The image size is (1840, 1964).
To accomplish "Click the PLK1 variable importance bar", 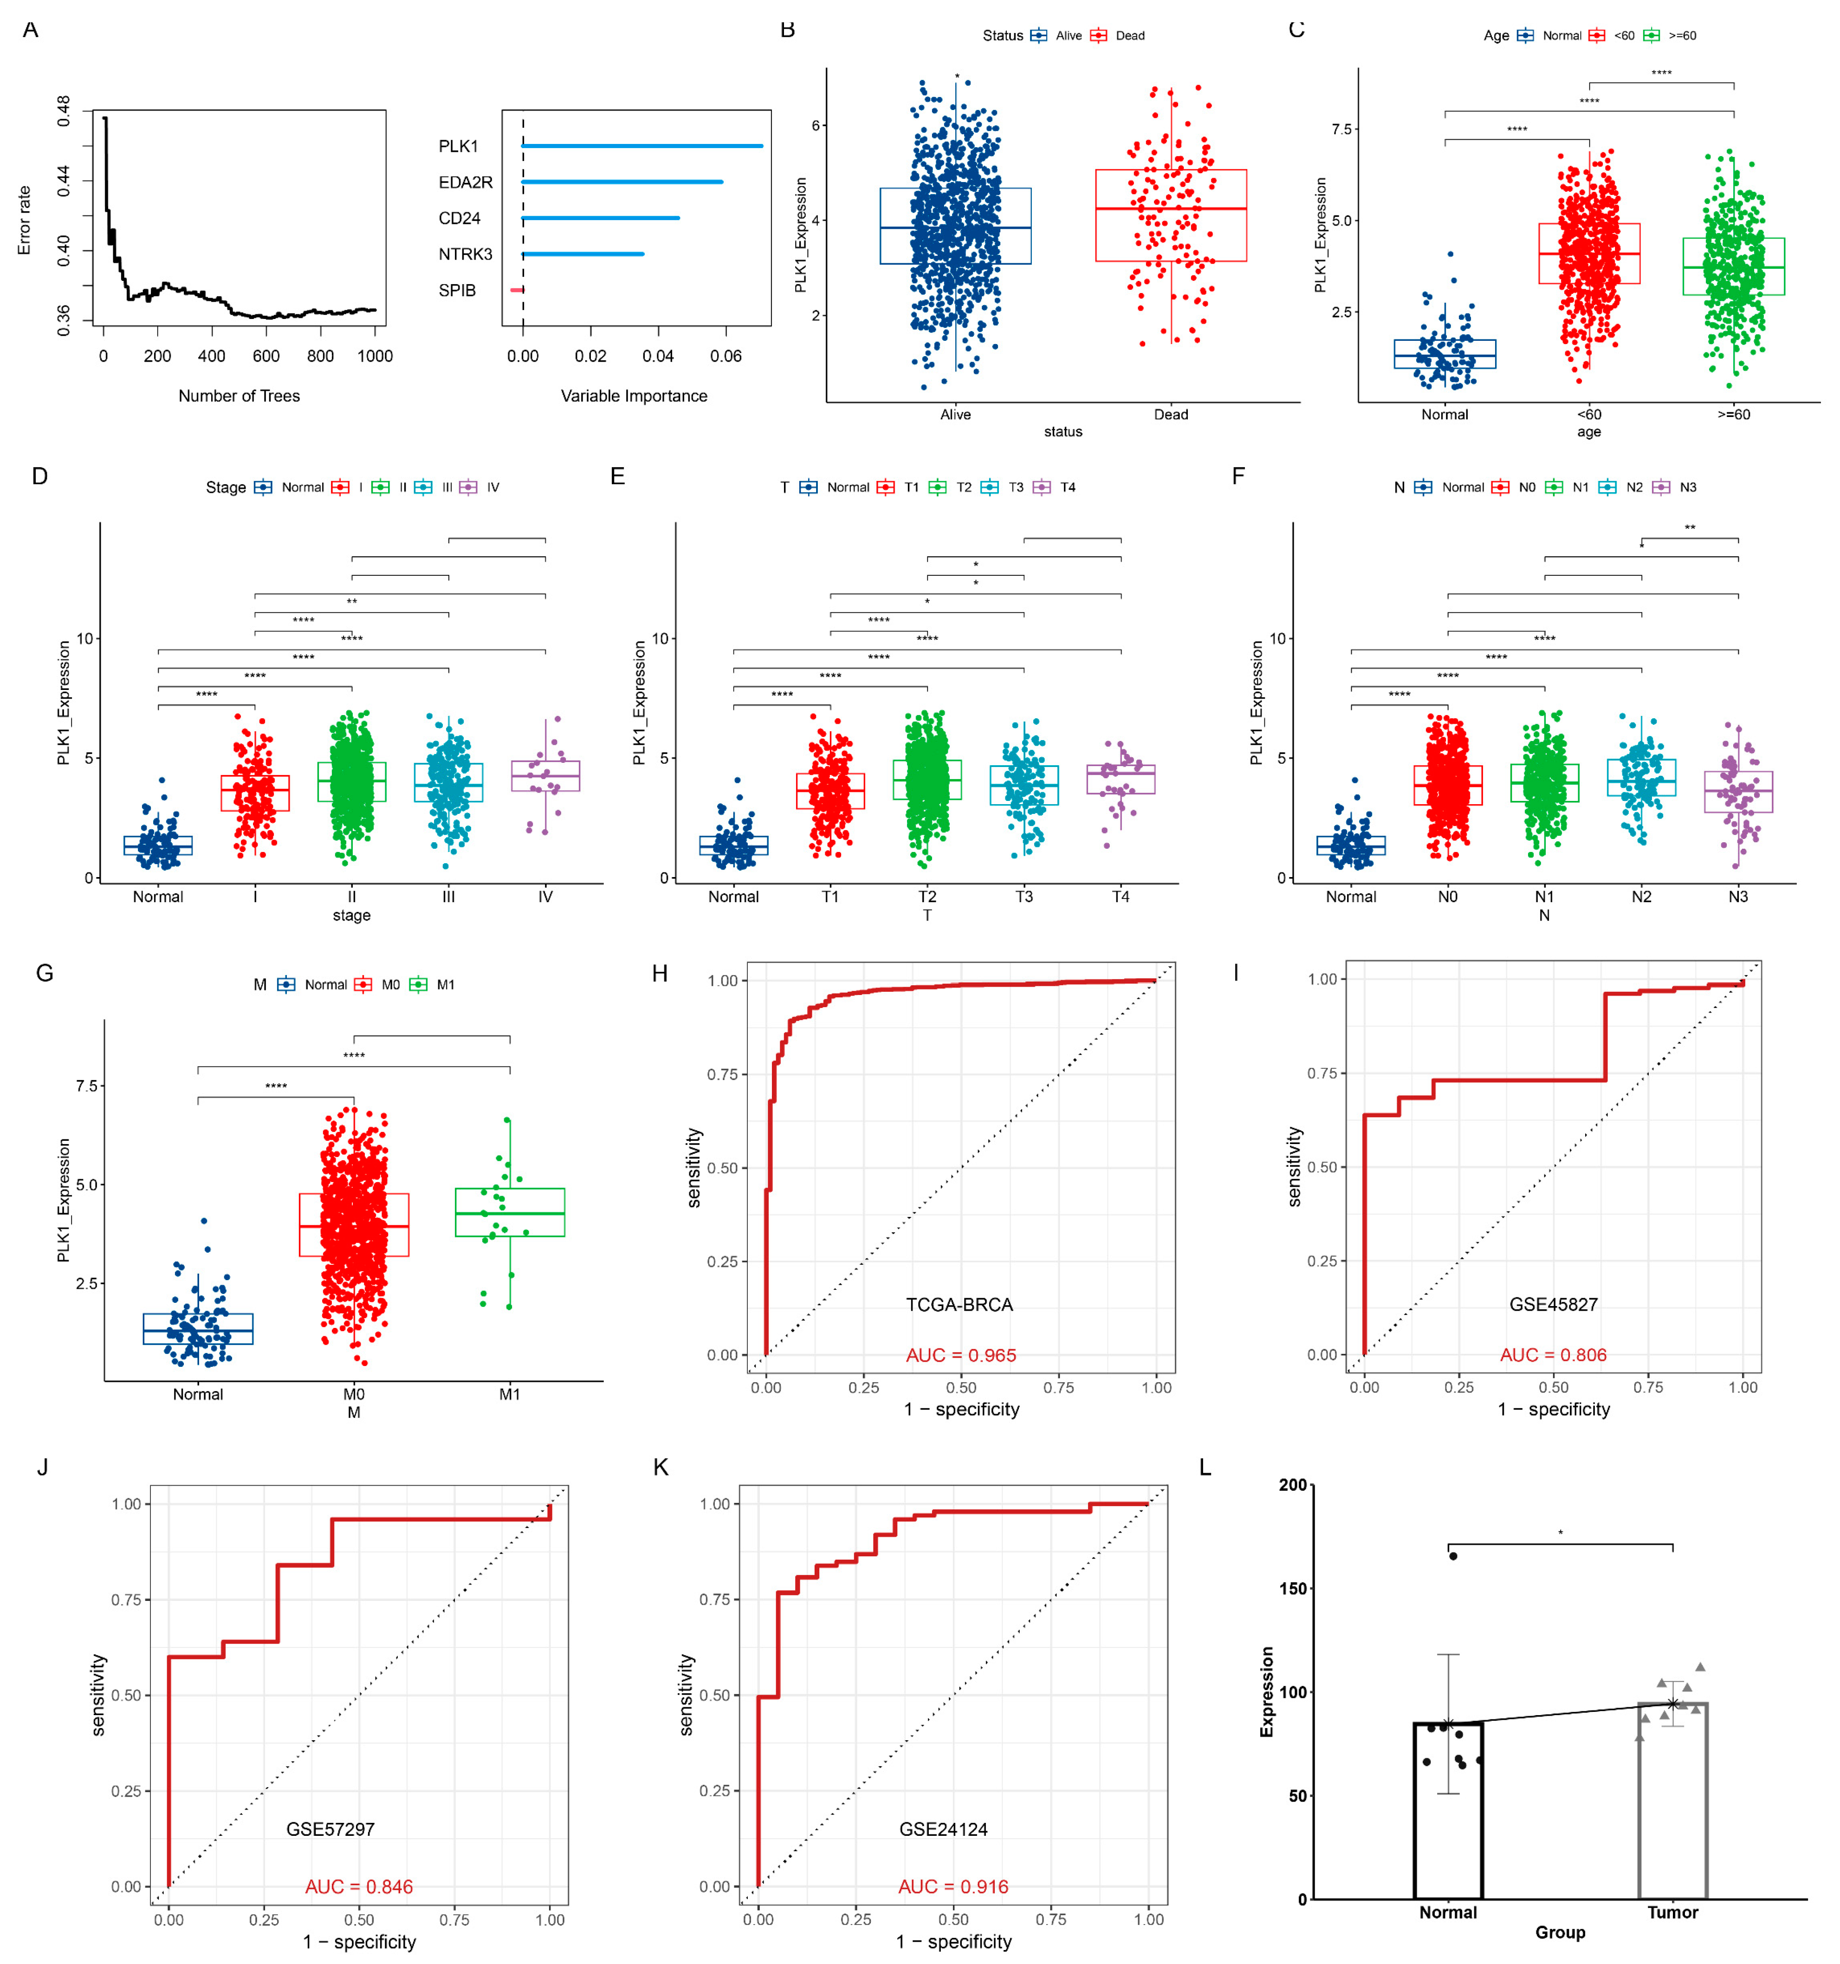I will pos(642,146).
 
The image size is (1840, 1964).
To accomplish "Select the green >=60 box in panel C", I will pos(1733,267).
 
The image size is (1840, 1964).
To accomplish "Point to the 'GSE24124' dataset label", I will pos(943,1830).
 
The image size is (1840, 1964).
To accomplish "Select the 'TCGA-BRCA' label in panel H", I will pos(959,1305).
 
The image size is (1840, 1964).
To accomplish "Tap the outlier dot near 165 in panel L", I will pos(1453,1556).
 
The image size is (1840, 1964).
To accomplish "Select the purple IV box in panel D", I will pos(545,775).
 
